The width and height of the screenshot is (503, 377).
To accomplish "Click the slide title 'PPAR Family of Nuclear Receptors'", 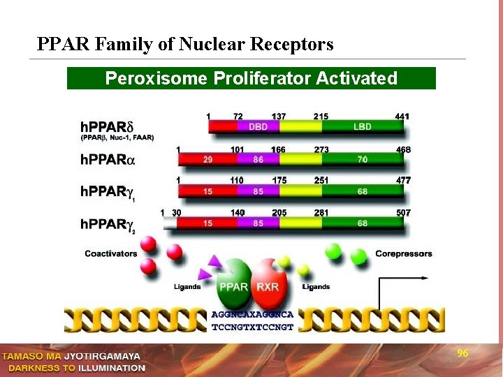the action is click(x=185, y=45).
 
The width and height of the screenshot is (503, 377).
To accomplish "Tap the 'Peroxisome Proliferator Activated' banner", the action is click(x=251, y=78).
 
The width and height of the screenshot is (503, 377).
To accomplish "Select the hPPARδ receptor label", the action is click(x=112, y=127).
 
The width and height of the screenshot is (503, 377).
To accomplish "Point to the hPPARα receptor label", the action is click(x=107, y=160).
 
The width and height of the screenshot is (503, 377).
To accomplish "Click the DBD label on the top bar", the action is click(x=258, y=127).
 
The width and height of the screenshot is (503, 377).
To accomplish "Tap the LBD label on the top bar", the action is click(x=362, y=127).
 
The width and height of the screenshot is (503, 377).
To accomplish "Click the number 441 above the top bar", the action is click(x=402, y=116).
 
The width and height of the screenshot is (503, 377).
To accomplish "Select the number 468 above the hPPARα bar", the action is click(x=402, y=149).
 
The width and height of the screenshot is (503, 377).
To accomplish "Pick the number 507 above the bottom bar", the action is click(x=402, y=212).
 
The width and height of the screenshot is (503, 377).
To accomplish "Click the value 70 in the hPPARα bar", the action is click(x=362, y=160).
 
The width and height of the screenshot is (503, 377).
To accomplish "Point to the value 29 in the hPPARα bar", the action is click(x=207, y=160).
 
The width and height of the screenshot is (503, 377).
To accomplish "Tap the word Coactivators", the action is click(x=111, y=253).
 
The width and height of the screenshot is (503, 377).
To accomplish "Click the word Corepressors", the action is click(x=404, y=253).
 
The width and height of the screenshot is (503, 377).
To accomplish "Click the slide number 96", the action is click(x=462, y=354).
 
